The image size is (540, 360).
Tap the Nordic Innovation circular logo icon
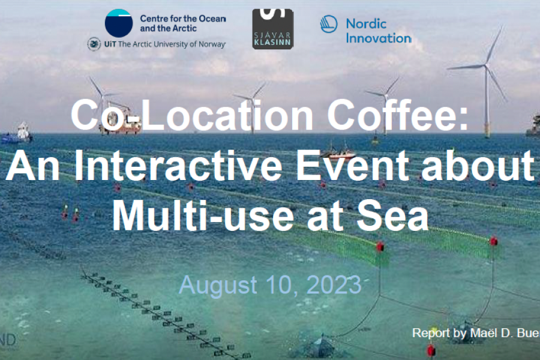[x=329, y=24]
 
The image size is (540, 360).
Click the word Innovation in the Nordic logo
[x=379, y=38]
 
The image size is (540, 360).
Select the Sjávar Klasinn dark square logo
[x=272, y=29]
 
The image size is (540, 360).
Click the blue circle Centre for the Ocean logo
[x=119, y=23]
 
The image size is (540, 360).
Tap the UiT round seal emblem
[x=94, y=44]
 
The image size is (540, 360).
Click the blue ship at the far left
[x=16, y=134]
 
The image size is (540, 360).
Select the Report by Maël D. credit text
[x=474, y=332]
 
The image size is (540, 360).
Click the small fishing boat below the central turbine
[x=337, y=149]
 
